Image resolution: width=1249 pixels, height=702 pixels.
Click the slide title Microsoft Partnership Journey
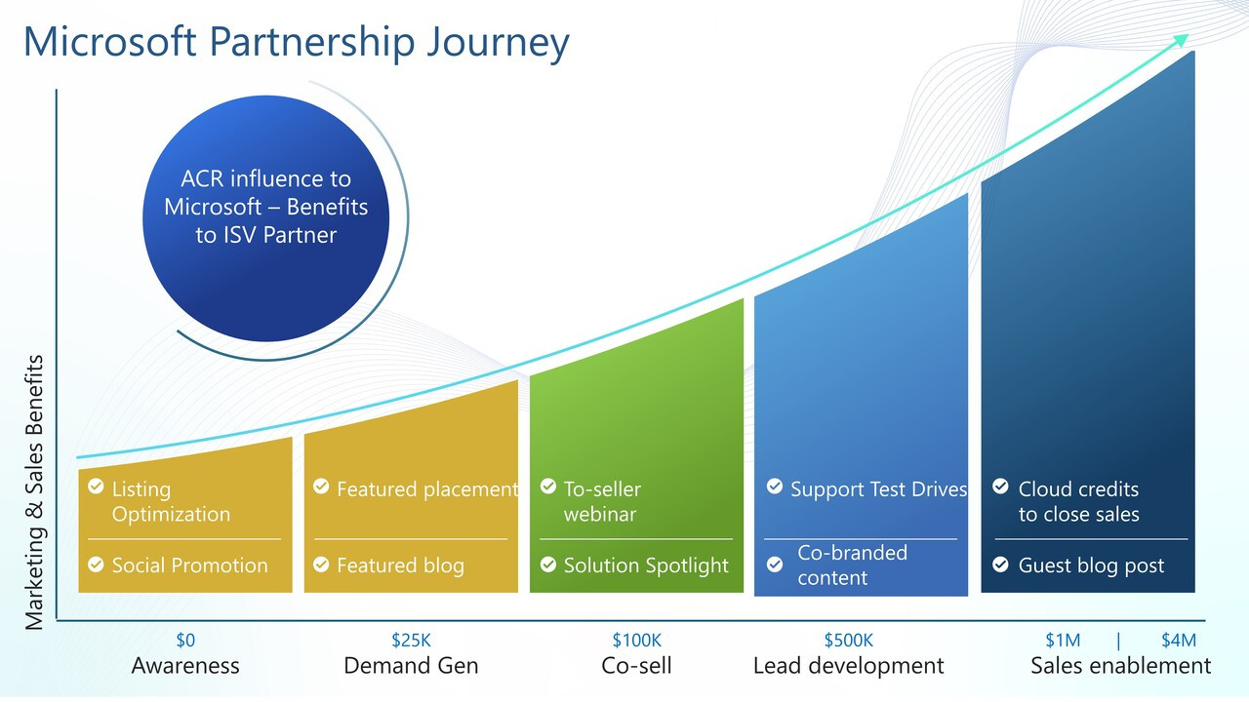tap(296, 43)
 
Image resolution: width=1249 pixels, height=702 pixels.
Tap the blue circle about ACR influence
tap(265, 218)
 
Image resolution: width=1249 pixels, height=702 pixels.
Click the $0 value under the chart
tap(185, 641)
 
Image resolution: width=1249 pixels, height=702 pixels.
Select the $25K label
tap(411, 641)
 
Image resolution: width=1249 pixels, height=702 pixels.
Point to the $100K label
tap(636, 641)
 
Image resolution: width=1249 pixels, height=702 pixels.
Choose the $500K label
tap(848, 641)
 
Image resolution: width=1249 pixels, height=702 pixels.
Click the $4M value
tap(1178, 641)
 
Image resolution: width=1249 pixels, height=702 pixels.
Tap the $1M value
tap(1063, 641)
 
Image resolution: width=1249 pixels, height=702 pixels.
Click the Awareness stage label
tap(185, 666)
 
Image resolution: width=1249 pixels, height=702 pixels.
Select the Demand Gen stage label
tap(411, 666)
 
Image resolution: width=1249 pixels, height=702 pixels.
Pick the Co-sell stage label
tap(636, 666)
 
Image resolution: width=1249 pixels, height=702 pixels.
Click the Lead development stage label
tap(848, 666)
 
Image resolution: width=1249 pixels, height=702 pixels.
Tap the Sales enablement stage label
tap(1120, 666)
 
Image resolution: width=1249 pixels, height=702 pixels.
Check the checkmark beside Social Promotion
tap(96, 565)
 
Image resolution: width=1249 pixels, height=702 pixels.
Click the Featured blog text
tap(400, 565)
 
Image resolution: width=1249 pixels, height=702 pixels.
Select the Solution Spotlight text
tap(646, 565)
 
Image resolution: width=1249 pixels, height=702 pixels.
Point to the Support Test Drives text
tap(878, 489)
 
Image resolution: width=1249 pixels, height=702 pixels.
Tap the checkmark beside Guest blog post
tap(1000, 565)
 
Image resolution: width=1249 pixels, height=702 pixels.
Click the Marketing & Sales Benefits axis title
tap(34, 491)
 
